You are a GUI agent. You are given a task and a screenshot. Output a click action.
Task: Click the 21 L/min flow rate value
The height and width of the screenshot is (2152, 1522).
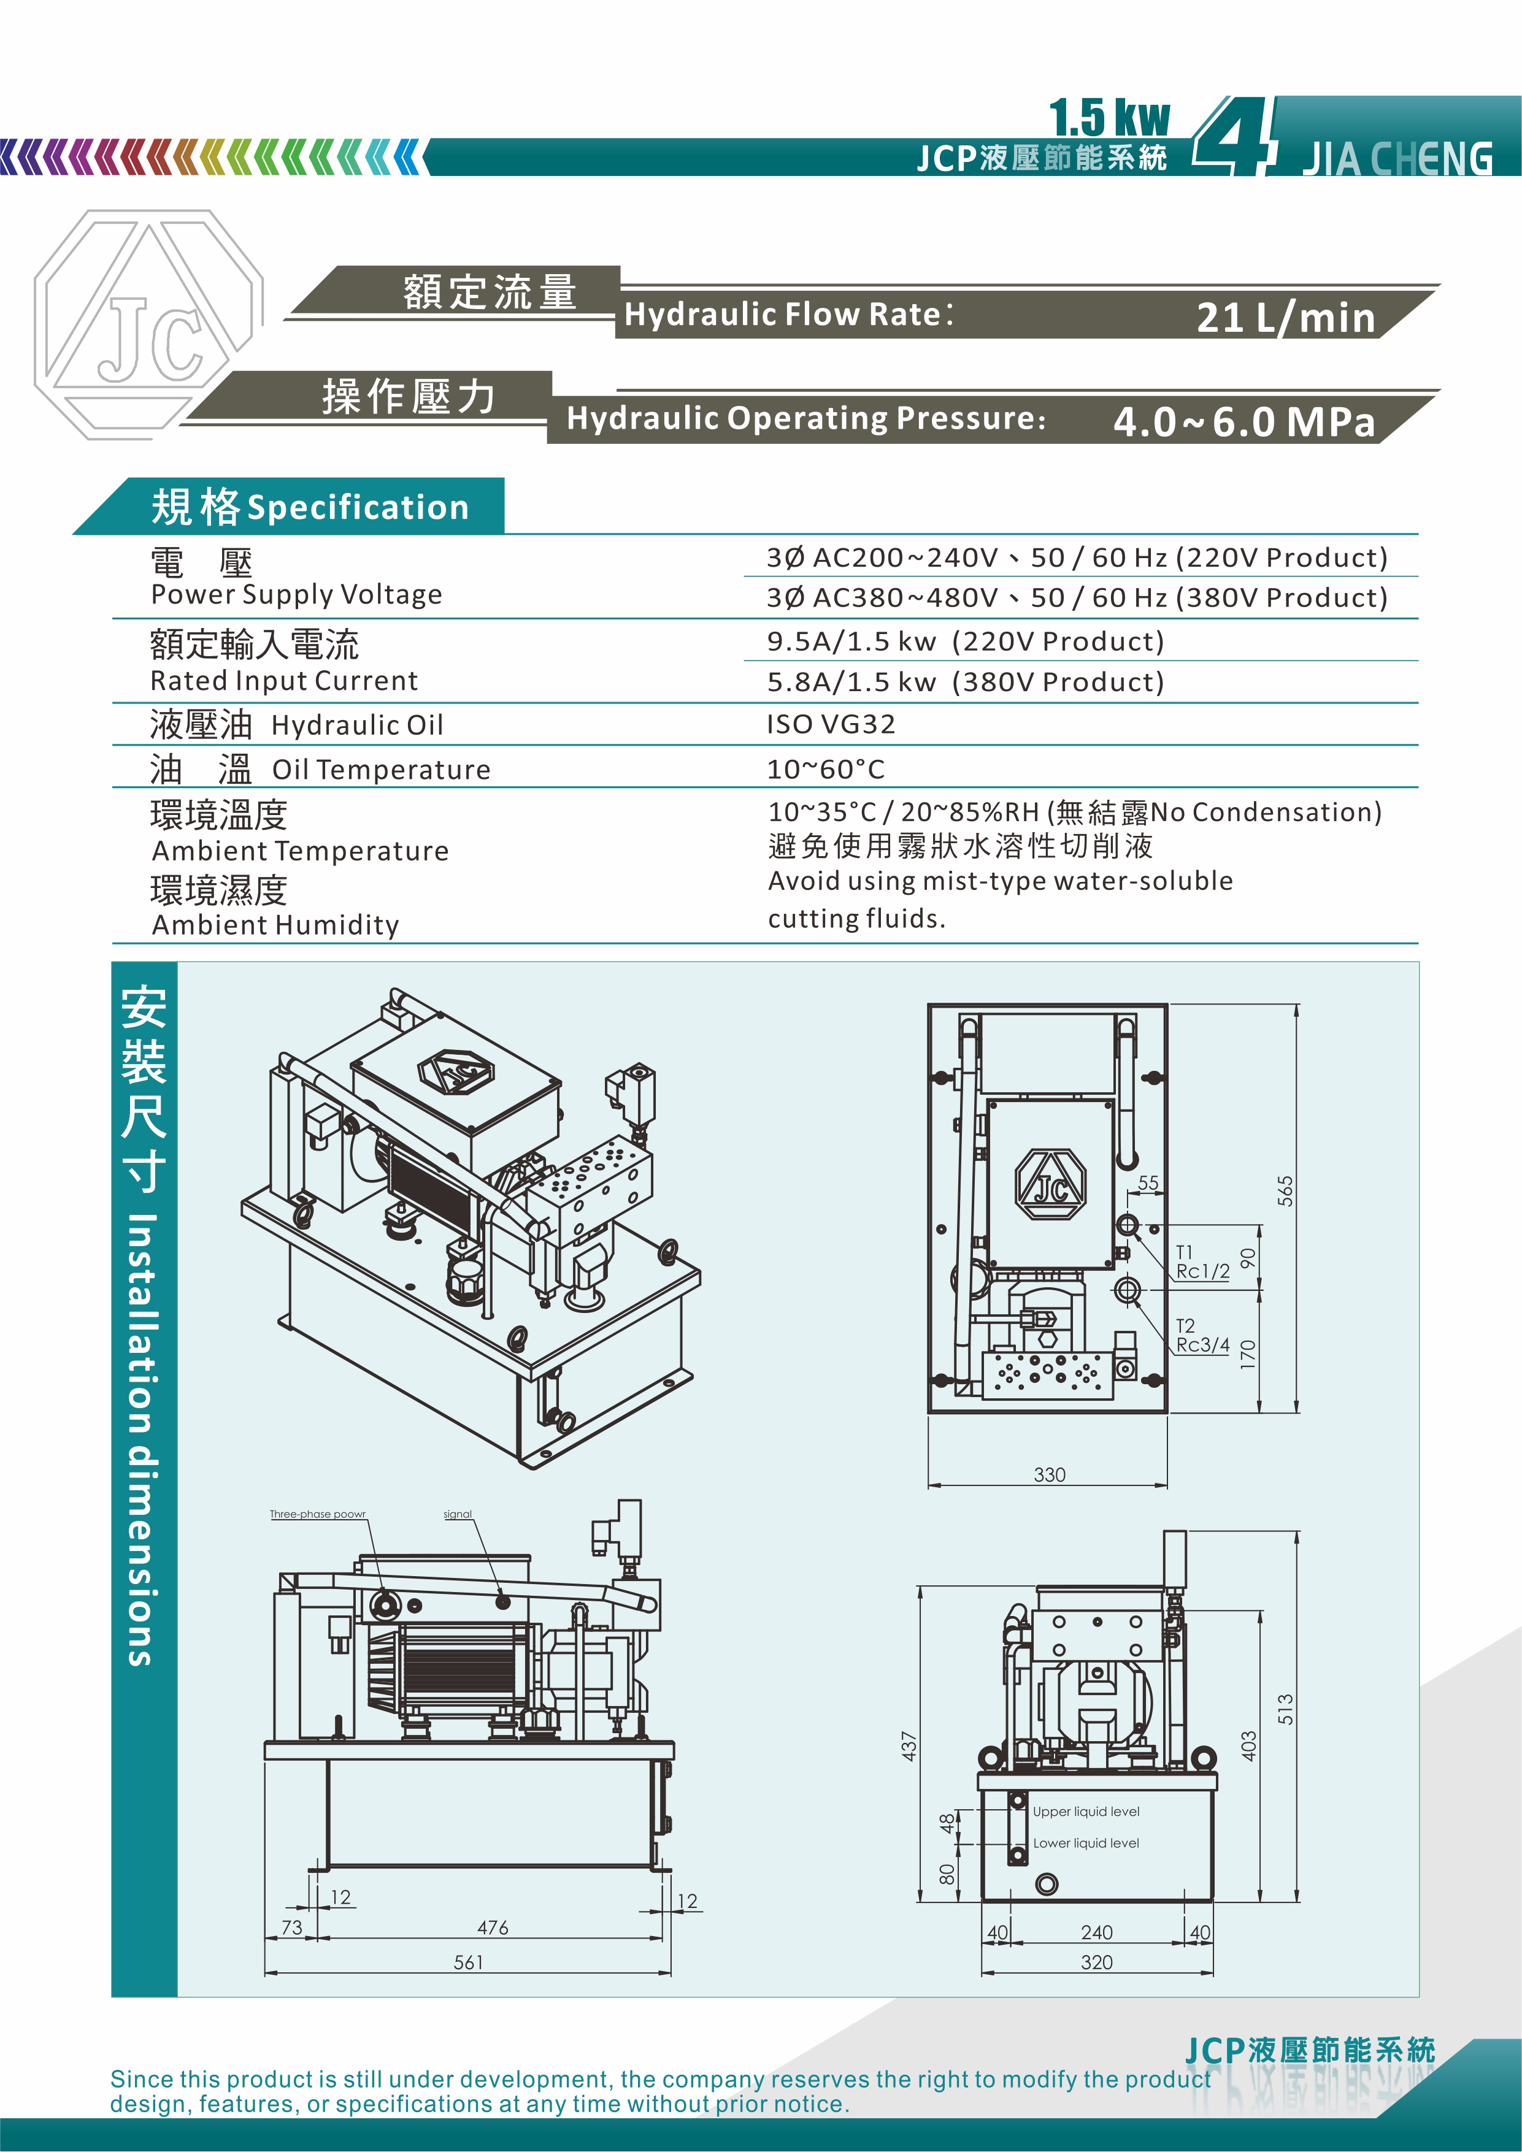pyautogui.click(x=1285, y=318)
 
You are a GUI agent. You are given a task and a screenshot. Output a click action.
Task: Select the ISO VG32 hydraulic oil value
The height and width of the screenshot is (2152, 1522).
pyautogui.click(x=831, y=724)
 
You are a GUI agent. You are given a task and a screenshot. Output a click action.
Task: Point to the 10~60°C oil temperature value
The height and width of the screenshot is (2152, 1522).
pyautogui.click(x=825, y=770)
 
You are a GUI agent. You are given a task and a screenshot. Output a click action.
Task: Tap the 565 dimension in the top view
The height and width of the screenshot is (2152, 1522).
pyautogui.click(x=1285, y=1190)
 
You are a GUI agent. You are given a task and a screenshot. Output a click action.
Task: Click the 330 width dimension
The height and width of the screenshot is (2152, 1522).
pyautogui.click(x=1050, y=1474)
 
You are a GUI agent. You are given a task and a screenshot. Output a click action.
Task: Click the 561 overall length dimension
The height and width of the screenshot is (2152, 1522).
pyautogui.click(x=468, y=1962)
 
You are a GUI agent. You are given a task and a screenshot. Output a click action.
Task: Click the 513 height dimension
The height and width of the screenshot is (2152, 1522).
pyautogui.click(x=1285, y=1710)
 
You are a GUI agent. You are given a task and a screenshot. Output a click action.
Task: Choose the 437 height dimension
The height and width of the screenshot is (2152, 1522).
pyautogui.click(x=909, y=1745)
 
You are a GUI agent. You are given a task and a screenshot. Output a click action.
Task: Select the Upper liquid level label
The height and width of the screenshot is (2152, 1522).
pyautogui.click(x=1086, y=1812)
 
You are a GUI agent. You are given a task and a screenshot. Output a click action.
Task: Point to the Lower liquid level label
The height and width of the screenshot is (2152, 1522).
pyautogui.click(x=1086, y=1843)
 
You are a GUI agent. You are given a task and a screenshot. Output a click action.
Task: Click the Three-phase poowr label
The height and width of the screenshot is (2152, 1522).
pyautogui.click(x=318, y=1514)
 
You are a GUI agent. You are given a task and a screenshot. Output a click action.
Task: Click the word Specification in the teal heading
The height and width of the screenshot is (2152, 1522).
pyautogui.click(x=357, y=507)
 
